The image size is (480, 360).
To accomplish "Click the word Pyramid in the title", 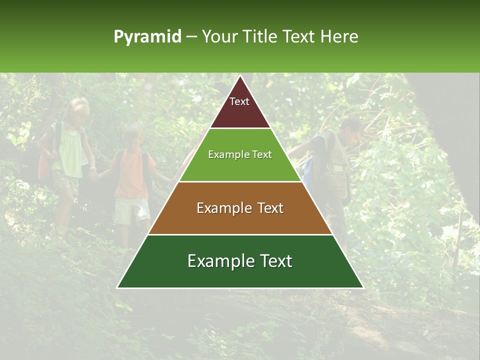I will [147, 37].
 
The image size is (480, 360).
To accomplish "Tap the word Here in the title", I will [339, 36].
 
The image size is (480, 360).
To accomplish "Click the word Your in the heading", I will [220, 36].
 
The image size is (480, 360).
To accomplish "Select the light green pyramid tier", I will [240, 155].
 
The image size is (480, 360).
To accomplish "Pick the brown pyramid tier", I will [240, 208].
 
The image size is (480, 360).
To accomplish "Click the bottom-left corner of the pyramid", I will [117, 287].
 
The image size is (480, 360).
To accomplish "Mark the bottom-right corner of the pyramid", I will [363, 287].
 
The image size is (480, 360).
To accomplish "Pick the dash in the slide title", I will [191, 37].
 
